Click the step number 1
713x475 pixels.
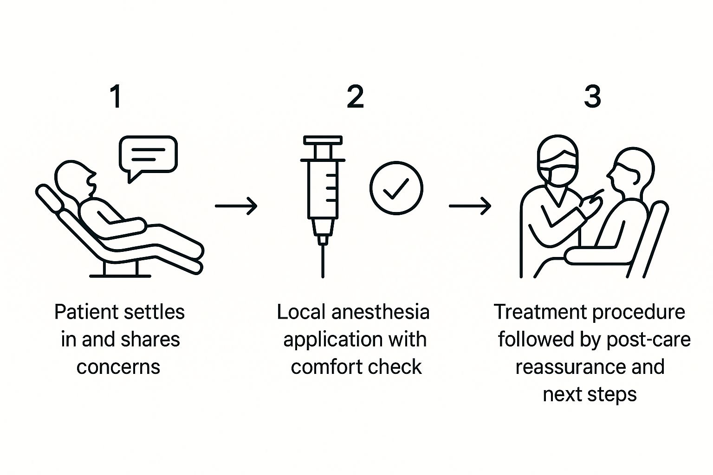pyautogui.click(x=116, y=96)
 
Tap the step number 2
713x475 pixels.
pyautogui.click(x=355, y=96)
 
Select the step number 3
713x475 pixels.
pyautogui.click(x=592, y=96)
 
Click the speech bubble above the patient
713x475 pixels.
pyautogui.click(x=148, y=155)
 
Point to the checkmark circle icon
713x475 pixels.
pyautogui.click(x=396, y=188)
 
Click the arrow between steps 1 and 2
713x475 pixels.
pyautogui.click(x=236, y=205)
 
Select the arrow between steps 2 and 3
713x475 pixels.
pyautogui.click(x=470, y=205)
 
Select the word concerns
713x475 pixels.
pyautogui.click(x=118, y=367)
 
